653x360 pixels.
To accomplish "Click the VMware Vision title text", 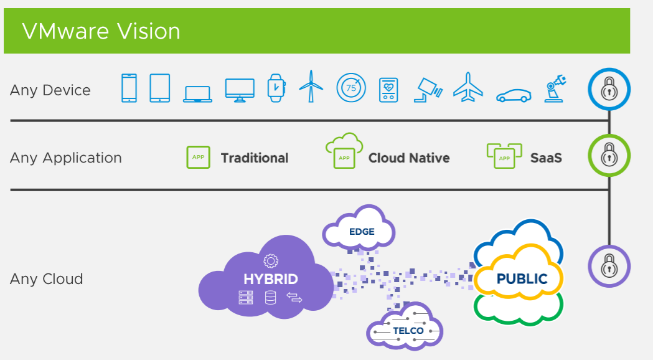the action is (x=101, y=31).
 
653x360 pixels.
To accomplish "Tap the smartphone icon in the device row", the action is (x=129, y=88).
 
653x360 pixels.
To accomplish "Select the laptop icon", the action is (x=197, y=94).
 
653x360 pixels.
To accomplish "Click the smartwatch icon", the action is (x=276, y=88).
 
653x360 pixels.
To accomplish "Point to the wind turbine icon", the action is (x=311, y=86).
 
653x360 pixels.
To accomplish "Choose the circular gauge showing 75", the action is (x=351, y=88).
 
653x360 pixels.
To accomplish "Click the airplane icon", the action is (x=468, y=87).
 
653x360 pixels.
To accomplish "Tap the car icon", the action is (x=514, y=95).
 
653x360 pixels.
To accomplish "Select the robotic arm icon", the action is (x=555, y=88).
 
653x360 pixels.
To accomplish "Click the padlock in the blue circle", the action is (x=609, y=88).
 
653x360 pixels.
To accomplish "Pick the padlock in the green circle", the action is (x=609, y=155).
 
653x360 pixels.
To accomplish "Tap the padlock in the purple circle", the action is (x=609, y=266).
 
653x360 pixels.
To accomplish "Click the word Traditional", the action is (x=255, y=158).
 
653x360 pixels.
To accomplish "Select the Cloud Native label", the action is (x=409, y=158).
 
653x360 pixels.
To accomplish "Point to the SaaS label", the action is (x=546, y=158).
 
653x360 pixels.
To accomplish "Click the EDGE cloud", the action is (x=359, y=229).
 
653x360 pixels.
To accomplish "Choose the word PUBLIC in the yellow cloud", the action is (x=522, y=278).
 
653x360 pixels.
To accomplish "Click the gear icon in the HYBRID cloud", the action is (x=271, y=261).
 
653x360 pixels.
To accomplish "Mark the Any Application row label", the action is (x=66, y=158).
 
